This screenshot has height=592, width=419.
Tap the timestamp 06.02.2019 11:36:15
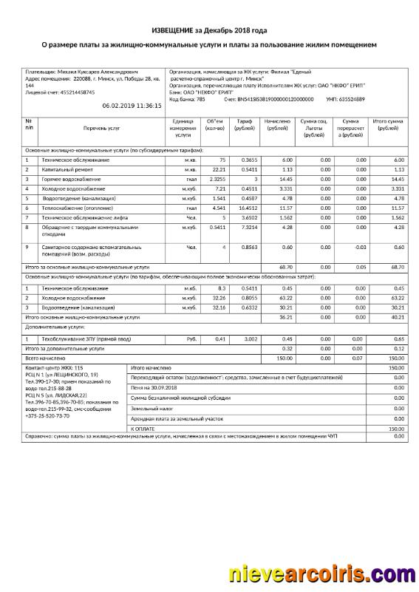(132, 106)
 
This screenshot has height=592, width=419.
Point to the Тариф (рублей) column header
(245, 124)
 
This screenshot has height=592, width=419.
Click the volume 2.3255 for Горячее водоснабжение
(217, 179)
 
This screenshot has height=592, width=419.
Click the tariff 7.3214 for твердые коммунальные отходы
(247, 228)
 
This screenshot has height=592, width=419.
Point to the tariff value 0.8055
(248, 297)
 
